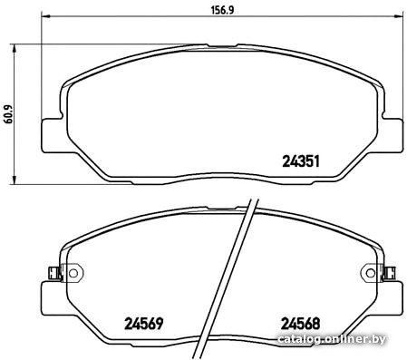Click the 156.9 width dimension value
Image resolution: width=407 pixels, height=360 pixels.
pos(222,10)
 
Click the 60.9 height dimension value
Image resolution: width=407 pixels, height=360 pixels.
pos(8,114)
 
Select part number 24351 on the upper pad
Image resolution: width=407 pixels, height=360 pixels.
pos(301,161)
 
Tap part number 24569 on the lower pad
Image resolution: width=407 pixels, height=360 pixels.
pos(144,324)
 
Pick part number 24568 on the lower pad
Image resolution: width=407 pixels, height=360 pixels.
pos(300,324)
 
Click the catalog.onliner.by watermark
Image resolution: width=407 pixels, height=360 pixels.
pos(332,339)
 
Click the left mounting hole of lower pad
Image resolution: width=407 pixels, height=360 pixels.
pos(73,273)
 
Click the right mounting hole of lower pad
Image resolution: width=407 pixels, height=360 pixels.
pos(371,273)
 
